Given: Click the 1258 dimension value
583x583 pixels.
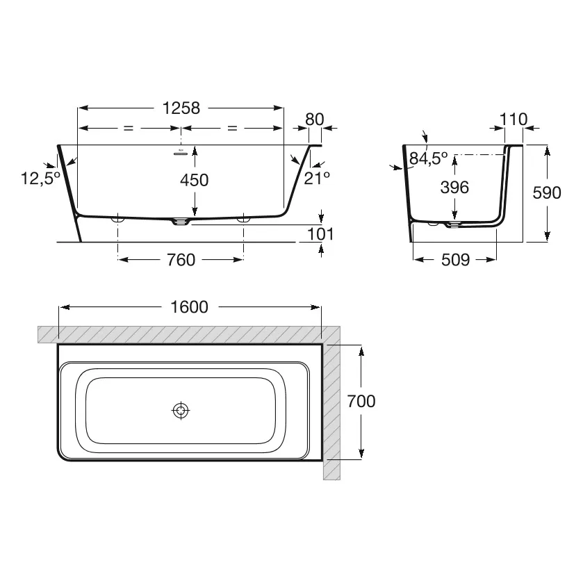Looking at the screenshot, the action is click(x=181, y=108).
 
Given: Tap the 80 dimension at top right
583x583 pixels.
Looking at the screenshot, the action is click(x=315, y=120).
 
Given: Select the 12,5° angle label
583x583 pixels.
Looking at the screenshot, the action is click(x=40, y=178).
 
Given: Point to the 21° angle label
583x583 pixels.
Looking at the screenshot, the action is click(x=317, y=178).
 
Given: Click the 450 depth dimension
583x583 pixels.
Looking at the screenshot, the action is click(x=194, y=180).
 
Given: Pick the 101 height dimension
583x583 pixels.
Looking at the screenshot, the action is click(x=320, y=234).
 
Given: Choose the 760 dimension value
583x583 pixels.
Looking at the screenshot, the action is click(x=181, y=260).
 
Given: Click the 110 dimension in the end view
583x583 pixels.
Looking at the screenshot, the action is click(x=514, y=120).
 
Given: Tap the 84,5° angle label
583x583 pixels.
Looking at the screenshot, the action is click(x=428, y=158).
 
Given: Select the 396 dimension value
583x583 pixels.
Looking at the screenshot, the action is click(x=454, y=187).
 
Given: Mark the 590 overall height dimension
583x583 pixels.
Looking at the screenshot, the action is click(x=547, y=192).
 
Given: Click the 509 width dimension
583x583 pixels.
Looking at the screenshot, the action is click(x=455, y=260).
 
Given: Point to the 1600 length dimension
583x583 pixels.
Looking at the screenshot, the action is click(x=189, y=307).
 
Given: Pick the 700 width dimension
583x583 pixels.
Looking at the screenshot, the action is click(x=361, y=401).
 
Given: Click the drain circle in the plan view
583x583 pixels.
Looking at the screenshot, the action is click(x=181, y=411).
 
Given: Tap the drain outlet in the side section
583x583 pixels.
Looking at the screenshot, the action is click(x=180, y=222).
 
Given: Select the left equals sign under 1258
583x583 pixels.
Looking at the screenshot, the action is click(x=128, y=128).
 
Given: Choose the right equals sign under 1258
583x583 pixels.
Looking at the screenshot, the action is click(x=232, y=128).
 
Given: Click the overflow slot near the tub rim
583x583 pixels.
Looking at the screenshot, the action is click(x=181, y=152).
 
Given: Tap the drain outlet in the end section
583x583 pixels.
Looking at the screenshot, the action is click(x=454, y=224).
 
